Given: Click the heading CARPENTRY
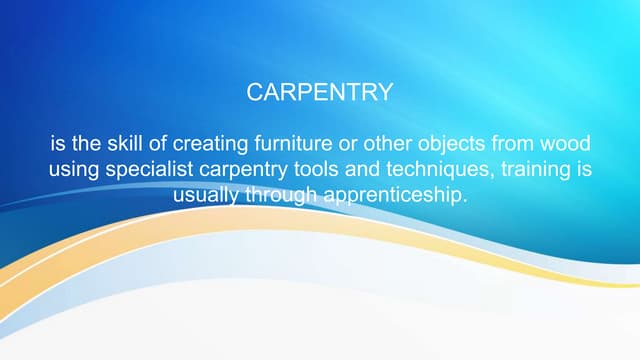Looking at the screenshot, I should (x=319, y=93).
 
